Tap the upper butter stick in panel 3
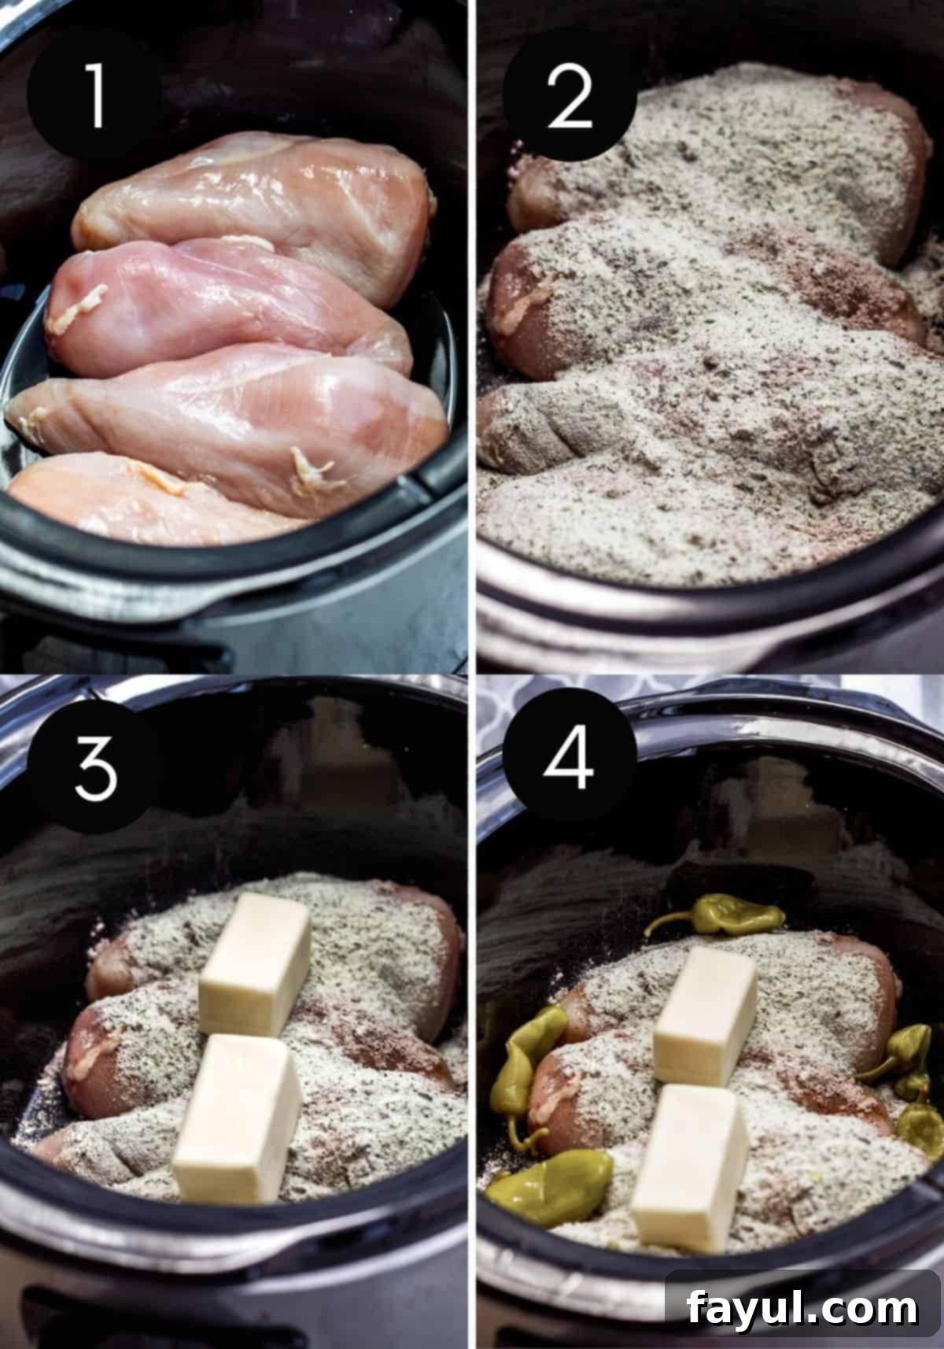pyautogui.click(x=254, y=964)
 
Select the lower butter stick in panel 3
pyautogui.click(x=237, y=1118)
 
